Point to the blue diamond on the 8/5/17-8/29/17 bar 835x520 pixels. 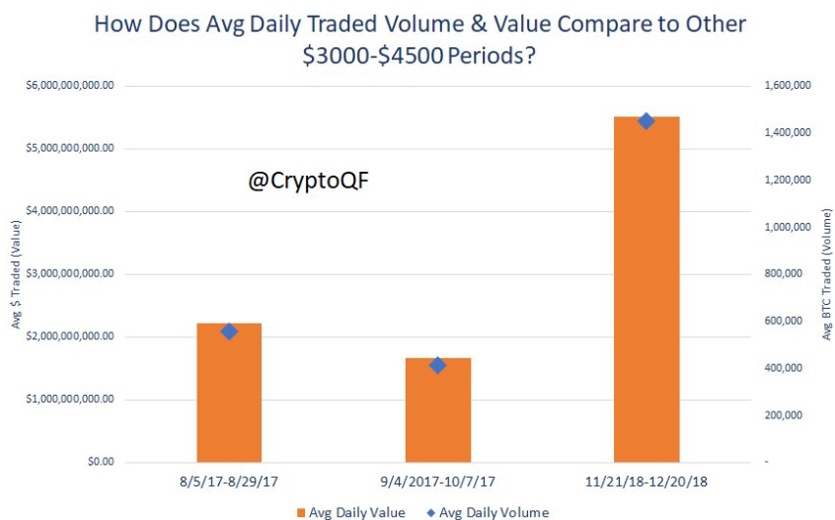point(229,332)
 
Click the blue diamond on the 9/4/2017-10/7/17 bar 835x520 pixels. point(438,365)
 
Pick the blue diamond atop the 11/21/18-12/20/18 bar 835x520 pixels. point(646,121)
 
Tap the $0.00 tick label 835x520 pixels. point(99,462)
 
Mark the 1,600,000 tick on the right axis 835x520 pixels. point(788,86)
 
